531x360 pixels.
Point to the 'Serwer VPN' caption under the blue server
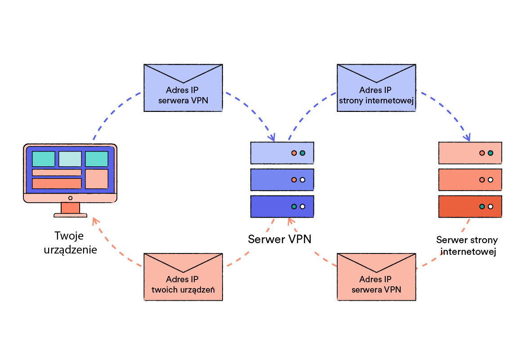[279, 239]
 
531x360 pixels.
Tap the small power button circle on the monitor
[70, 198]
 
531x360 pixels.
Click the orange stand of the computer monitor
[70, 208]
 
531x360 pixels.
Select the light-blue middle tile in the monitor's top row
[70, 159]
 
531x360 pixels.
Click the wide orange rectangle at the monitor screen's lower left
[57, 183]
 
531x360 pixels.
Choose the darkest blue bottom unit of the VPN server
[282, 206]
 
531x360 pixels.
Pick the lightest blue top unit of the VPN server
[282, 153]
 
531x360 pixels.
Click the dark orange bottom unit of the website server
[470, 206]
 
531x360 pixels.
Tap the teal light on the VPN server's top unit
[303, 153]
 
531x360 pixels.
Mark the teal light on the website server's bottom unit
[482, 207]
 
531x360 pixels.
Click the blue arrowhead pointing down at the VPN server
[272, 137]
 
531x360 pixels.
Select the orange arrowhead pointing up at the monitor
[94, 220]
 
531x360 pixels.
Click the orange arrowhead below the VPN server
[290, 221]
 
